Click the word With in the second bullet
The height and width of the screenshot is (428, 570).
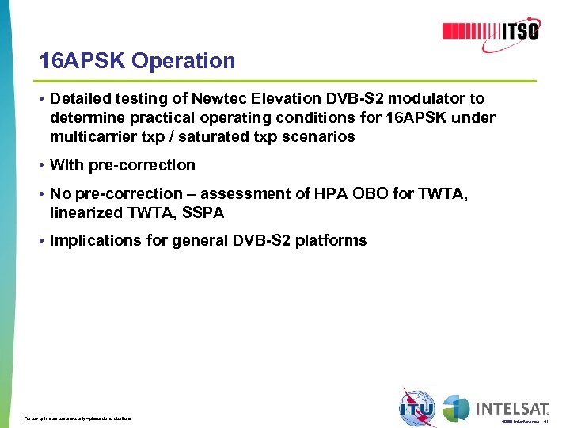pyautogui.click(x=65, y=166)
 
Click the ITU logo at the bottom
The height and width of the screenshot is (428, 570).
pyautogui.click(x=417, y=409)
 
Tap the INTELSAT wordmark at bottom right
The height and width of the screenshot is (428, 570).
pyautogui.click(x=511, y=408)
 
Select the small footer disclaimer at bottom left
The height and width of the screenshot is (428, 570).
pyautogui.click(x=78, y=418)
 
